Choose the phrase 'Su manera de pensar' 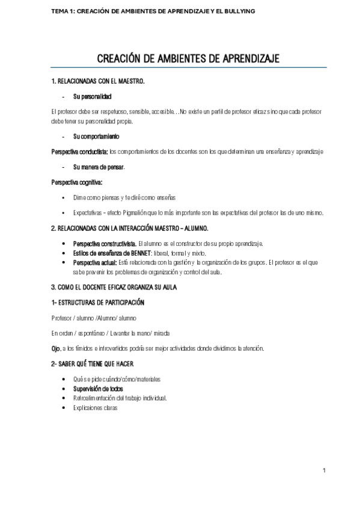click(x=99, y=165)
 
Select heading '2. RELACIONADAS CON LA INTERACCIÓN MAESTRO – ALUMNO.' click(x=130, y=229)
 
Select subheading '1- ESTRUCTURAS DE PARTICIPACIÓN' click(x=97, y=302)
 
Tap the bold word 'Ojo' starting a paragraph click(x=57, y=348)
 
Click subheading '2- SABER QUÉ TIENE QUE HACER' click(x=92, y=364)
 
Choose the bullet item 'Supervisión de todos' click(x=98, y=389)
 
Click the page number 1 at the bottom click(x=323, y=470)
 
